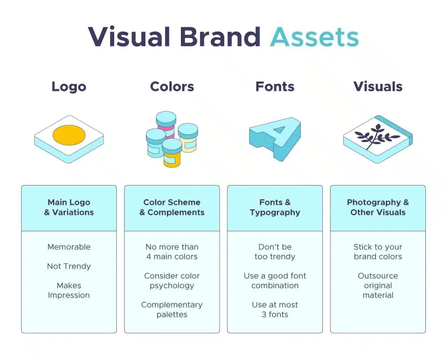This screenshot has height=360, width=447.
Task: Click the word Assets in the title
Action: click(314, 37)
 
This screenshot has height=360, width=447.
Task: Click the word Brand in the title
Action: click(220, 37)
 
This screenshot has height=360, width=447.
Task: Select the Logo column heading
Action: click(69, 87)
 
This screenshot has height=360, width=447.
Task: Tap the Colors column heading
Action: click(172, 87)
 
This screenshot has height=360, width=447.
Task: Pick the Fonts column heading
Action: click(275, 87)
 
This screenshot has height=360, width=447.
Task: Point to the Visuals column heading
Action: click(378, 87)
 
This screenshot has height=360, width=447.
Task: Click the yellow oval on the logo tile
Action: click(69, 135)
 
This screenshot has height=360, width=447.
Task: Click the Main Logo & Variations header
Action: click(69, 207)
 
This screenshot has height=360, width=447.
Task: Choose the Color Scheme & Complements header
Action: click(172, 207)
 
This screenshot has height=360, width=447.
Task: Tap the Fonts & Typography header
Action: click(275, 207)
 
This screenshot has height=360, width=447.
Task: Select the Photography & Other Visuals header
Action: click(378, 207)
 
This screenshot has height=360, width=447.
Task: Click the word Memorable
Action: click(69, 247)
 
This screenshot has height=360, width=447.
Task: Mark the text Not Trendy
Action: click(69, 266)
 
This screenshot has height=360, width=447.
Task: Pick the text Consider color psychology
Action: click(172, 281)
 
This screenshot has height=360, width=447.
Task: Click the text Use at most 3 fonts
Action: click(275, 310)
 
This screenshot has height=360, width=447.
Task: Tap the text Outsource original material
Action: click(378, 286)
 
